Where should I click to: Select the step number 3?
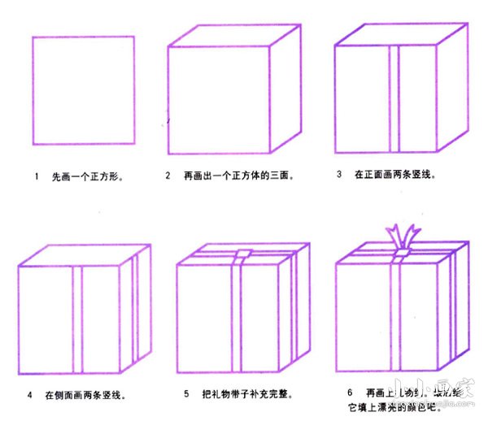tap(338, 174)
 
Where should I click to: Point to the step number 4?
tap(29, 395)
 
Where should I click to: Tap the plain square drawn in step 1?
tap(83, 90)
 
